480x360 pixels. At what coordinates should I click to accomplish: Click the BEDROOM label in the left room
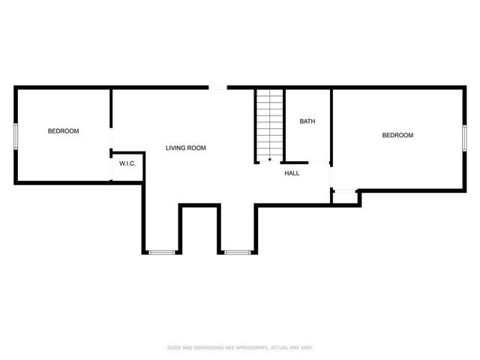pos(63,131)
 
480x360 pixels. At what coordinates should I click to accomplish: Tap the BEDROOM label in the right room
pos(397,135)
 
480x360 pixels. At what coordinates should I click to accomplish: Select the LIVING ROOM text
pos(185,148)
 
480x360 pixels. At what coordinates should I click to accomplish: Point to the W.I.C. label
pos(127,163)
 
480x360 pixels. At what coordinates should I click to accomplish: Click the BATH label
pos(307,121)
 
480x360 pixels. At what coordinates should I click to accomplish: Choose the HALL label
pos(292,173)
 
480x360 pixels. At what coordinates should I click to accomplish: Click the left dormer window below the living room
pos(161,252)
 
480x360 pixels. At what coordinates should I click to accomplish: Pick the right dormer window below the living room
pos(238,252)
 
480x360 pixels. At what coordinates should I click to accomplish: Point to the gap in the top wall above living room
pos(217,88)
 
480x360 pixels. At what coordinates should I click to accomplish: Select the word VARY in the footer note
pos(307,348)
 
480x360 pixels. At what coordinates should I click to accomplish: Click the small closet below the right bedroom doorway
pos(343,196)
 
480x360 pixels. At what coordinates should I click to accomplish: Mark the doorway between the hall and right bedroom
pos(331,174)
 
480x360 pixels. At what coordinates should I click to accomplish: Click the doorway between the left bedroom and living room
pos(112,142)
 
